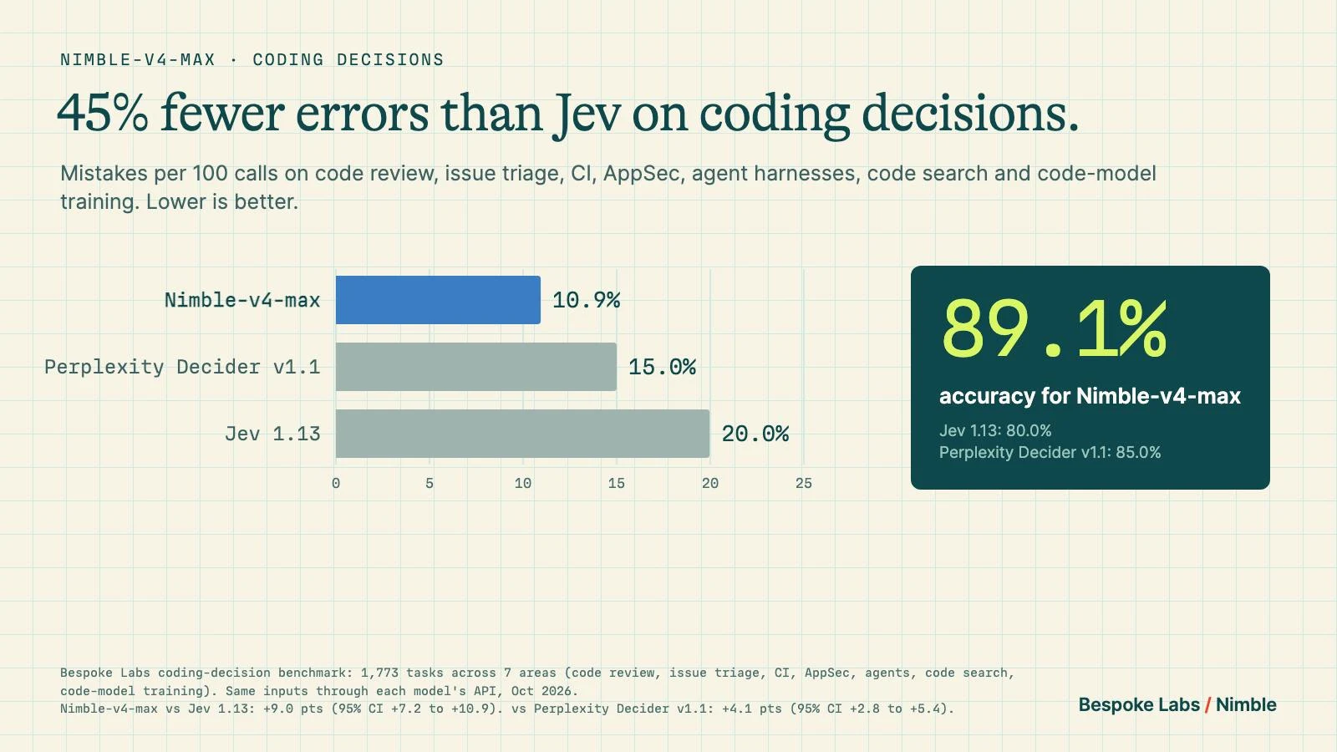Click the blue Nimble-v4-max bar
[438, 300]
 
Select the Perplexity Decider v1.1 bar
[476, 367]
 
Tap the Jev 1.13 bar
[523, 434]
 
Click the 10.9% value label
[586, 300]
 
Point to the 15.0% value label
[662, 367]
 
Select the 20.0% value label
[755, 434]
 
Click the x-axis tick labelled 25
[803, 484]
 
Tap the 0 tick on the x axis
[336, 484]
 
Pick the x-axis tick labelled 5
[430, 484]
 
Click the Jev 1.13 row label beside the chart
[272, 434]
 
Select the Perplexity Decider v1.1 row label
[183, 367]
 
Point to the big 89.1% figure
[1054, 329]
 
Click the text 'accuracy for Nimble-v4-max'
[1090, 396]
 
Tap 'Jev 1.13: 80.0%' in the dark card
[995, 430]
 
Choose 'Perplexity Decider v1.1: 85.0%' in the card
[1050, 452]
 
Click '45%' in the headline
[103, 114]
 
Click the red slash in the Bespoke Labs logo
[1207, 705]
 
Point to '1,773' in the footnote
[379, 673]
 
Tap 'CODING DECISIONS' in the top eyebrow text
[348, 59]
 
